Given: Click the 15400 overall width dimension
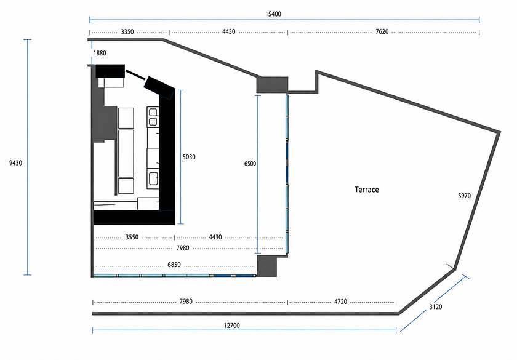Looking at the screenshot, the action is coord(273,14).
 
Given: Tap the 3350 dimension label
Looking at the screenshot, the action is coord(127,31).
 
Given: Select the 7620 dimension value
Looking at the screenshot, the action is coord(382,31).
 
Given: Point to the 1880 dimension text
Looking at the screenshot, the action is coord(100,53).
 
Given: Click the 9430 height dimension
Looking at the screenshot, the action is coord(15,163).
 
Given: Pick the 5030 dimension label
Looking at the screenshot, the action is coord(189,157).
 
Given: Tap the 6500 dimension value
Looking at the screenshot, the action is coord(250,164).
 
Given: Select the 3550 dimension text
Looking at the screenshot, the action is coord(132,238).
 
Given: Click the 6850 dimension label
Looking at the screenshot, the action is coord(174,265).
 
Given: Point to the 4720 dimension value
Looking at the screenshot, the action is coord(340,302).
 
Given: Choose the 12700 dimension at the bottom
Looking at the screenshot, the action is coord(232,326).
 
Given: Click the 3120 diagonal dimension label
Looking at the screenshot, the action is coord(436,307).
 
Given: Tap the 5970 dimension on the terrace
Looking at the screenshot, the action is coord(464,196).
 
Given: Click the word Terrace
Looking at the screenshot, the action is coord(367,190).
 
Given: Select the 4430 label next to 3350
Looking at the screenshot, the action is coord(228,31).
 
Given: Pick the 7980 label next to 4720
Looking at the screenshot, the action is coord(186,302).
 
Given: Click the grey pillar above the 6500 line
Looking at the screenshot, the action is coord(272,85).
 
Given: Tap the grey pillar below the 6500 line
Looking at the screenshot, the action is coord(267,266).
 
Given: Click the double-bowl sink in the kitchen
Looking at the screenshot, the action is coord(153,117).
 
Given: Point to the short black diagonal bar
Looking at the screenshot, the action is coord(135,74).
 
